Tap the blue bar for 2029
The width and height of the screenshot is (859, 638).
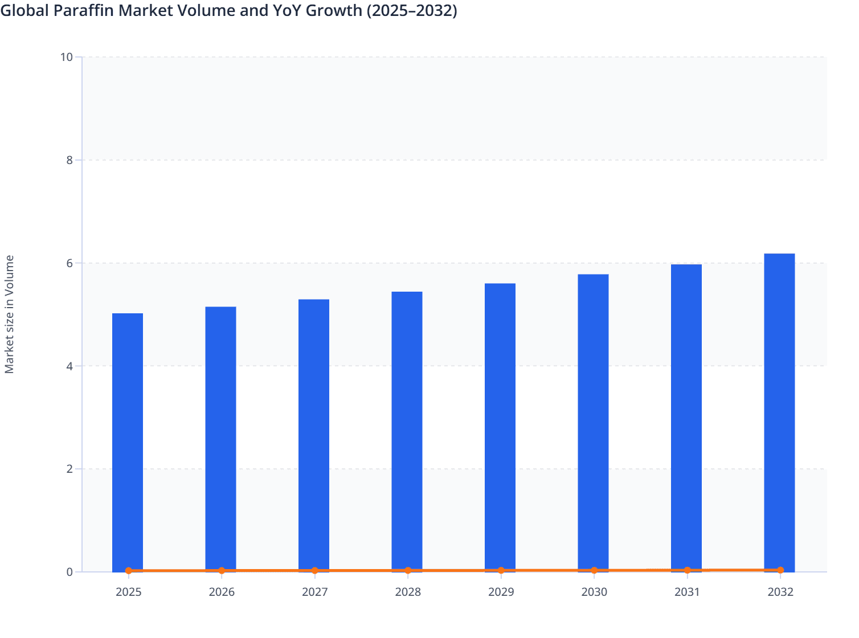click(500, 427)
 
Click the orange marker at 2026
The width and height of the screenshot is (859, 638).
click(222, 570)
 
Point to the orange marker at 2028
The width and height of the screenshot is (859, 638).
click(408, 570)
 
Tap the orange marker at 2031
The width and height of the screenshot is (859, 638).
click(687, 570)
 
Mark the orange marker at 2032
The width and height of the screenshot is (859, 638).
click(780, 570)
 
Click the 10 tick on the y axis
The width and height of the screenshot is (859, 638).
click(66, 57)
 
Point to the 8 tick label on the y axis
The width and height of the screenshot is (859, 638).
click(69, 160)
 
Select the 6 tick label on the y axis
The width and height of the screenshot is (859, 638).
click(69, 263)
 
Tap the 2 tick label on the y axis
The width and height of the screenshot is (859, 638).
click(69, 469)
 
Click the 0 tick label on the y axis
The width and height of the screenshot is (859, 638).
click(69, 572)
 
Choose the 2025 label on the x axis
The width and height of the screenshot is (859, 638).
click(128, 592)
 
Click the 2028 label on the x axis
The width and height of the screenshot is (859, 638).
click(408, 592)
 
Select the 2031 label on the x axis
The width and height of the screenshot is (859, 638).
click(687, 592)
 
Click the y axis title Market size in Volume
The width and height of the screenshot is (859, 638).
click(9, 314)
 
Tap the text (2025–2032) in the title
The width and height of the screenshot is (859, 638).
click(411, 10)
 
